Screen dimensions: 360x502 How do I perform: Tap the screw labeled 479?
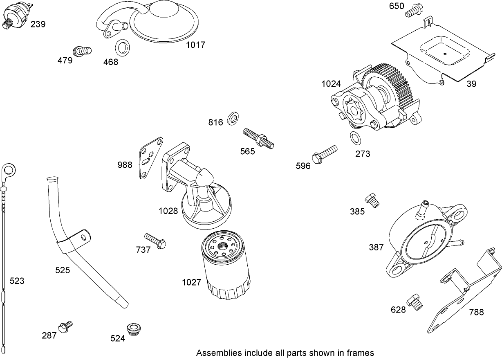82,51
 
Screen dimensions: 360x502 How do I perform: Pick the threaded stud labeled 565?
258,137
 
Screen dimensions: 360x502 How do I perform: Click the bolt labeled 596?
325,153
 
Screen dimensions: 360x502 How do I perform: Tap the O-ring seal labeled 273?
355,138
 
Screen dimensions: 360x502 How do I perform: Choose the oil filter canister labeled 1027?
226,265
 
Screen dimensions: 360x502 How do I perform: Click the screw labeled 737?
155,241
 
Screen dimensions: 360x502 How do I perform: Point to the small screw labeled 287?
65,326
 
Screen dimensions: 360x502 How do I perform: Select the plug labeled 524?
133,328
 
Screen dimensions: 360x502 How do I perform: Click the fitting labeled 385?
373,200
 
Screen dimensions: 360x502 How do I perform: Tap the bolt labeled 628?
416,303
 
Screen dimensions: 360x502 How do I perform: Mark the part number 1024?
331,84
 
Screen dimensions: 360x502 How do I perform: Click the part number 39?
471,84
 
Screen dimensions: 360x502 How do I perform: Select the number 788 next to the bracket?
476,312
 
